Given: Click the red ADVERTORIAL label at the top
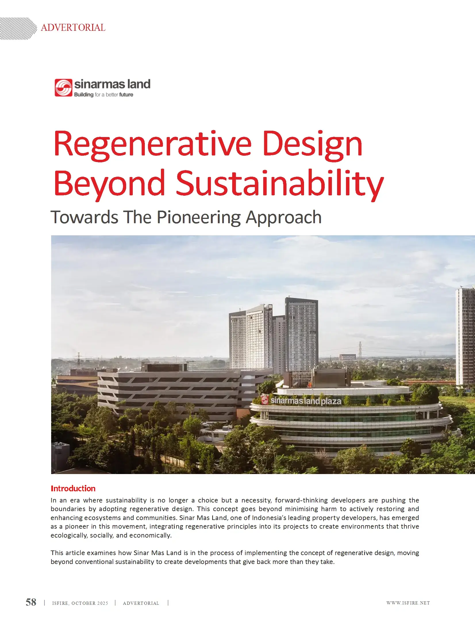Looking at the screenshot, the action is [x=73, y=28].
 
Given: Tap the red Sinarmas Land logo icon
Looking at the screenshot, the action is [x=64, y=88].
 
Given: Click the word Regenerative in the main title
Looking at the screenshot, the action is [x=153, y=145].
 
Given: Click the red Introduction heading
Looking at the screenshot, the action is [x=73, y=488].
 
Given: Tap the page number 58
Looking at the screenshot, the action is [x=31, y=602].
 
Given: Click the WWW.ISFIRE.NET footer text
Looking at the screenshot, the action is [x=408, y=603].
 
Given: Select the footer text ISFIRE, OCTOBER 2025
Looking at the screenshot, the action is [x=80, y=603].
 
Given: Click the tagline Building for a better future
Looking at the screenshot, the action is [x=104, y=95].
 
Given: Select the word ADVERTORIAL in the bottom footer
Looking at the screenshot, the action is [x=141, y=603].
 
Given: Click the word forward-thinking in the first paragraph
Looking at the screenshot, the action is [x=301, y=500].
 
